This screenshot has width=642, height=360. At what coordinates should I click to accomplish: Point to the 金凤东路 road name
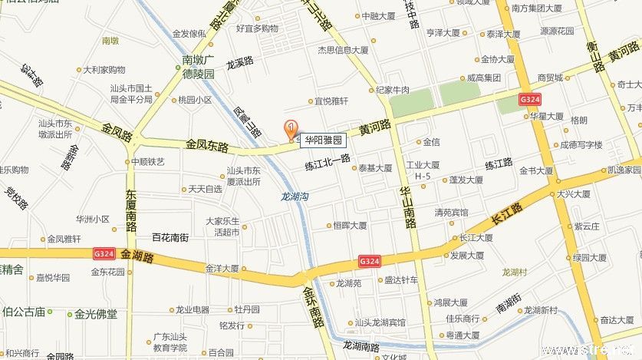coord(207,144)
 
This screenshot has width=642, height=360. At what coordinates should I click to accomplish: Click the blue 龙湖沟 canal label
coord(295,197)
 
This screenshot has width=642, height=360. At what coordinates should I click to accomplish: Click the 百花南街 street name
coord(170,238)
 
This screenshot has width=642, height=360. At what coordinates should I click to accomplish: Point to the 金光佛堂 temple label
coord(96,313)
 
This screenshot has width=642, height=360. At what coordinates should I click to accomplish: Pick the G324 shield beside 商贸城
coord(529,100)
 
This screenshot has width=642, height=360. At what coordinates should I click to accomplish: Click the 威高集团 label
coord(483,78)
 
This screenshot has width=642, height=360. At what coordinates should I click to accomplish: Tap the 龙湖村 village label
coord(514,272)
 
